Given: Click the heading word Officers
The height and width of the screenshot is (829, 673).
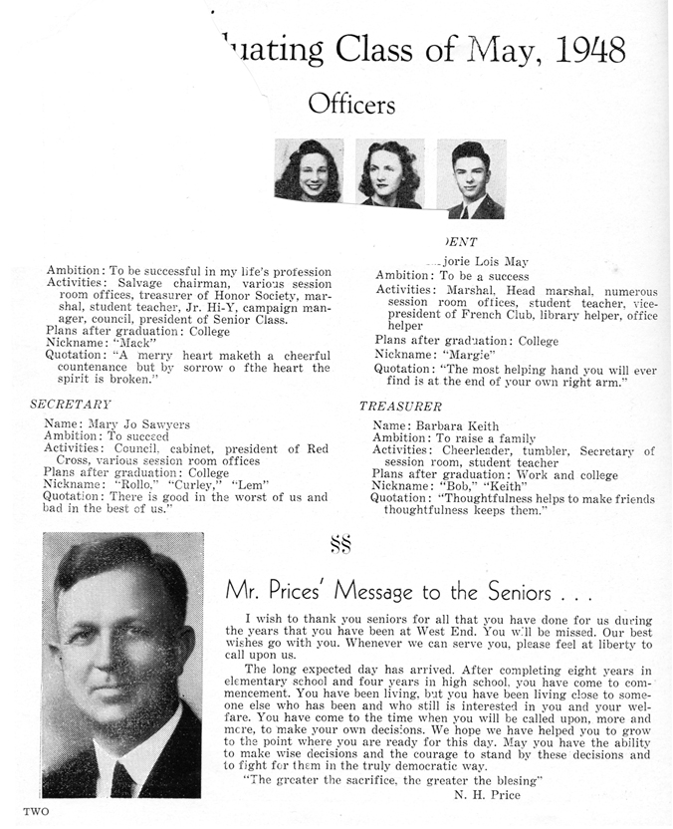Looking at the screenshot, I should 351,104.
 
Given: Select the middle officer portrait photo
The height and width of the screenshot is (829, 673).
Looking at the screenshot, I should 389,173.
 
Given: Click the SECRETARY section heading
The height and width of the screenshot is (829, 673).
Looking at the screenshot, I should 71,404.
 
